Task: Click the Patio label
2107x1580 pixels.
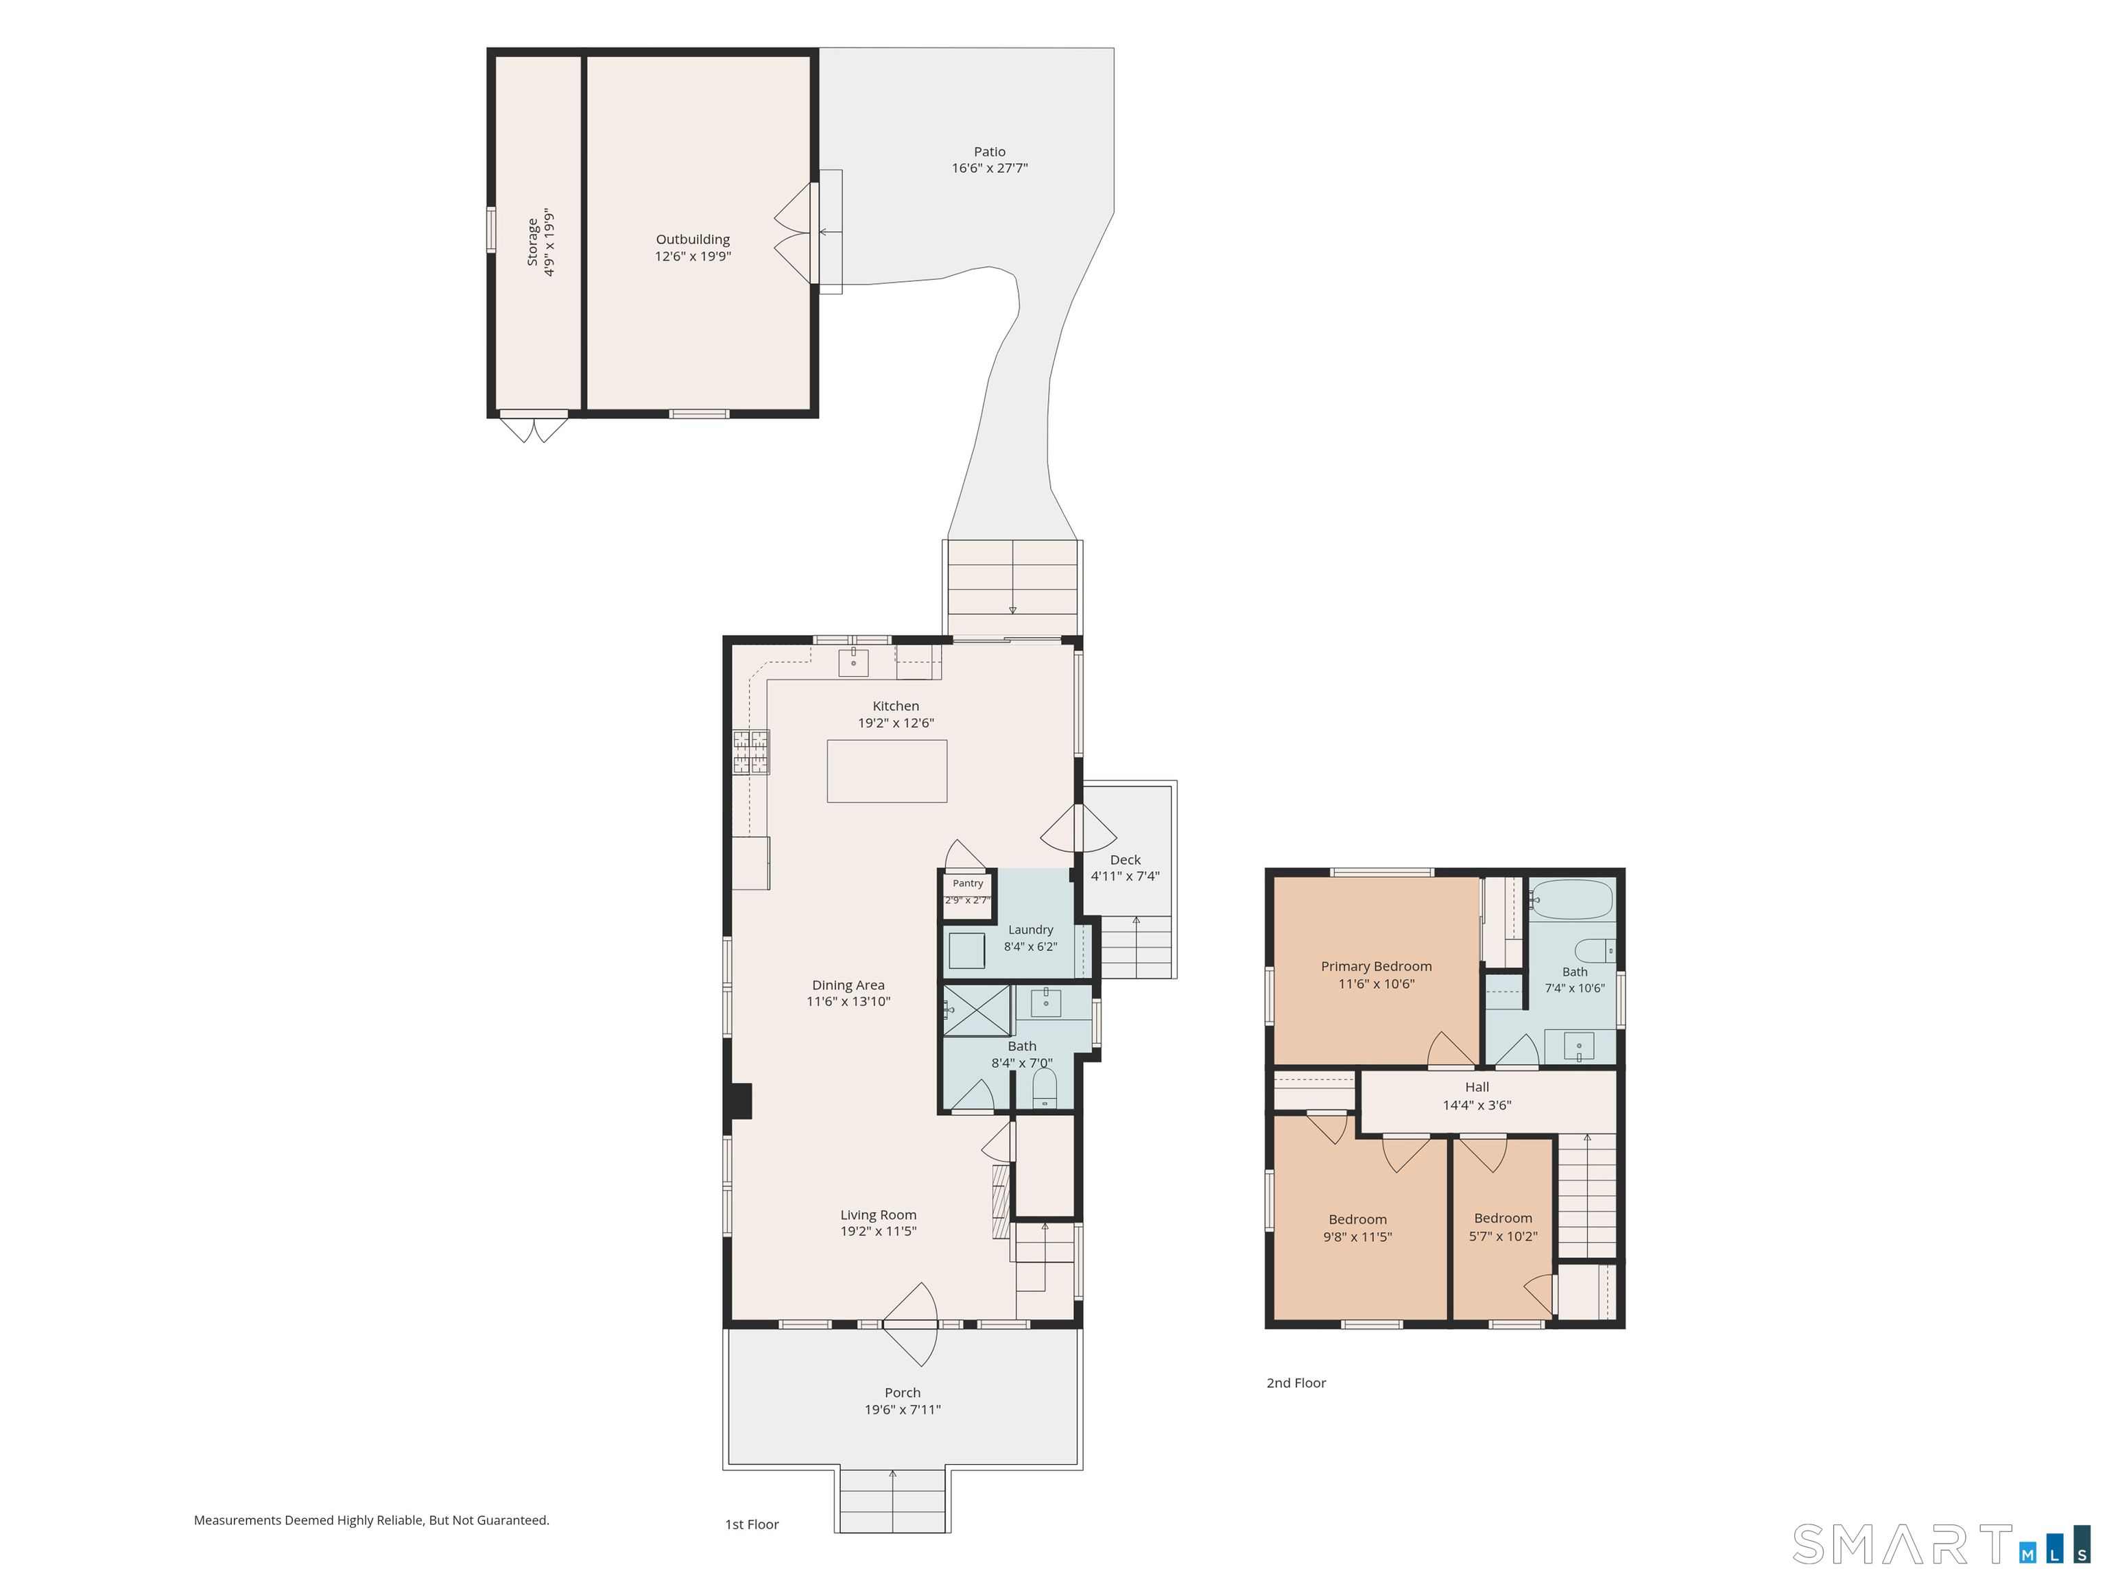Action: [989, 152]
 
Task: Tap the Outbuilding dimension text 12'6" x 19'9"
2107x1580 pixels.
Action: [693, 256]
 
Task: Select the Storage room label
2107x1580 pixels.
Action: [532, 242]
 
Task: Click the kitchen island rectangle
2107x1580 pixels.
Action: [886, 771]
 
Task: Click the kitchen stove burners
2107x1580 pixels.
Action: [750, 752]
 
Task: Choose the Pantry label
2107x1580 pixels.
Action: [968, 883]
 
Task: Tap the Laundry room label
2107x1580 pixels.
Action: [1031, 929]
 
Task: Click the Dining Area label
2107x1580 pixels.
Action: [848, 985]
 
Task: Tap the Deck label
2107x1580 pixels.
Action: [1125, 859]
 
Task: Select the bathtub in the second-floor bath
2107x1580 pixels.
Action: [1572, 899]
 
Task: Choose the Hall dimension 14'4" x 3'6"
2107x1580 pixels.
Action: [1477, 1105]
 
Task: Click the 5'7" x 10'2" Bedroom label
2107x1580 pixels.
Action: [1503, 1218]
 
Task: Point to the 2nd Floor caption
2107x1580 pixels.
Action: [1296, 1383]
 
